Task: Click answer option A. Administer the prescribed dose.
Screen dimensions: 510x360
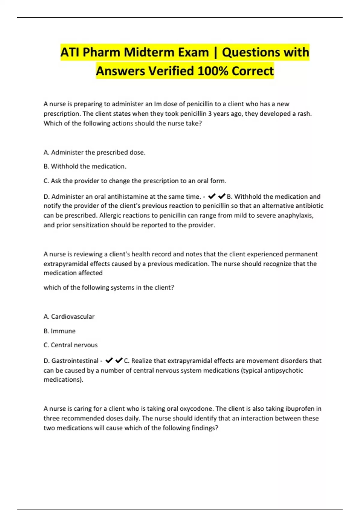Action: point(94,152)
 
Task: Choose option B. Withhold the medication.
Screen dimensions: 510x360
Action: point(85,166)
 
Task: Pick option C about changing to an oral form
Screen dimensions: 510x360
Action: point(135,181)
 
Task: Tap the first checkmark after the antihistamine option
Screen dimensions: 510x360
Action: point(211,196)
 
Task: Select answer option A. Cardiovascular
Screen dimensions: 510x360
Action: point(69,316)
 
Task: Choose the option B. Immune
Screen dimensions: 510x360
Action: point(59,331)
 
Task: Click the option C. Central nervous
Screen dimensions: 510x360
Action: point(70,345)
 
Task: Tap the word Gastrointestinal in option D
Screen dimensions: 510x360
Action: point(75,361)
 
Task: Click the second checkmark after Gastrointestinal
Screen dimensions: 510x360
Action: point(119,360)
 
